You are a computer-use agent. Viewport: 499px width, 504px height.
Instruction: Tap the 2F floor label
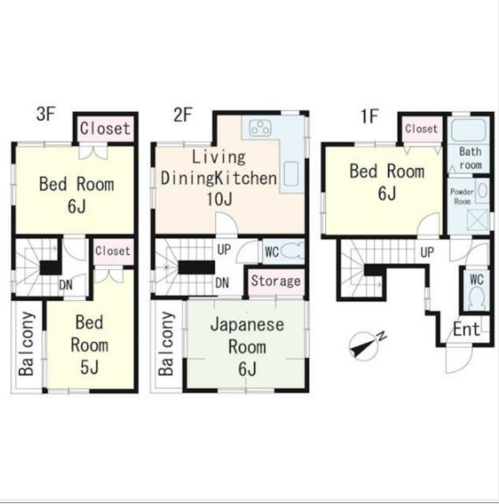click(182, 113)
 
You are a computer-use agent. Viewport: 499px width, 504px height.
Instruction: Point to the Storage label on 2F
click(276, 282)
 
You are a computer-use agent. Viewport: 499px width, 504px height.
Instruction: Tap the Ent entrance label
click(466, 330)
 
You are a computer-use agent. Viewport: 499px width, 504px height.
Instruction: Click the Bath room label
click(470, 158)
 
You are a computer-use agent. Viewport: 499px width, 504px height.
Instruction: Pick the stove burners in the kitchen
click(260, 129)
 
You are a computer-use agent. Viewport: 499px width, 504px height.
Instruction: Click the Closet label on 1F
click(421, 129)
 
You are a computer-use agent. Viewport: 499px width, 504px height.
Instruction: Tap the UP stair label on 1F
click(427, 252)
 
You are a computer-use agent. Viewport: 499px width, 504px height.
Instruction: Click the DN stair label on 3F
click(66, 283)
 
